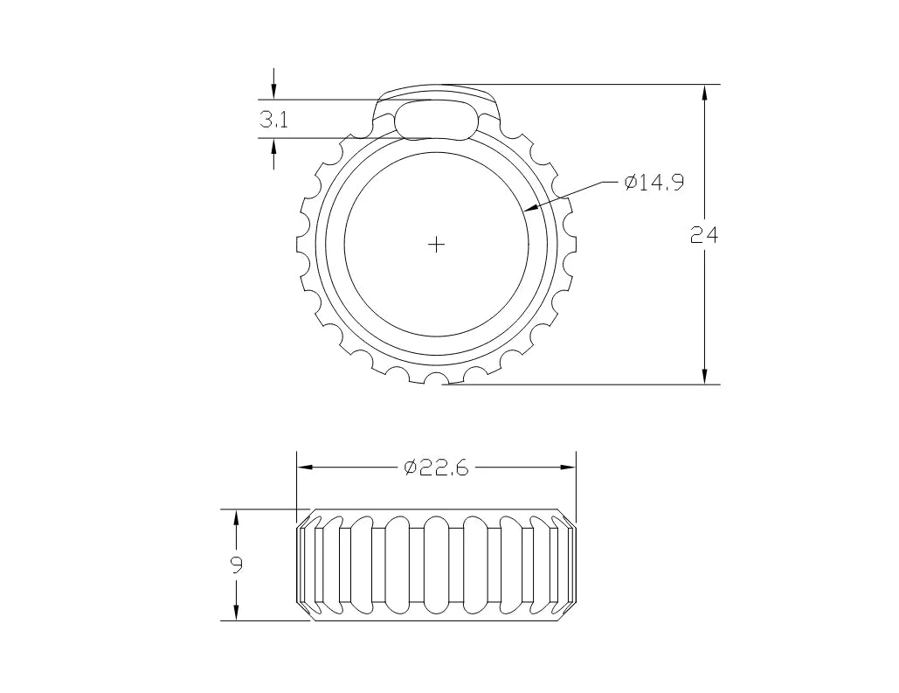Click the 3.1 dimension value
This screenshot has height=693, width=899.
(273, 120)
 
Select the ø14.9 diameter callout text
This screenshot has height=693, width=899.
(654, 183)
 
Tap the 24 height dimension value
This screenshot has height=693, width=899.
(703, 235)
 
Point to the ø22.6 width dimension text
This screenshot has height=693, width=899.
(436, 468)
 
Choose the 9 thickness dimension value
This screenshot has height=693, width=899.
(236, 565)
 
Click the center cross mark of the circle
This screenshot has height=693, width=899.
(436, 245)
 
